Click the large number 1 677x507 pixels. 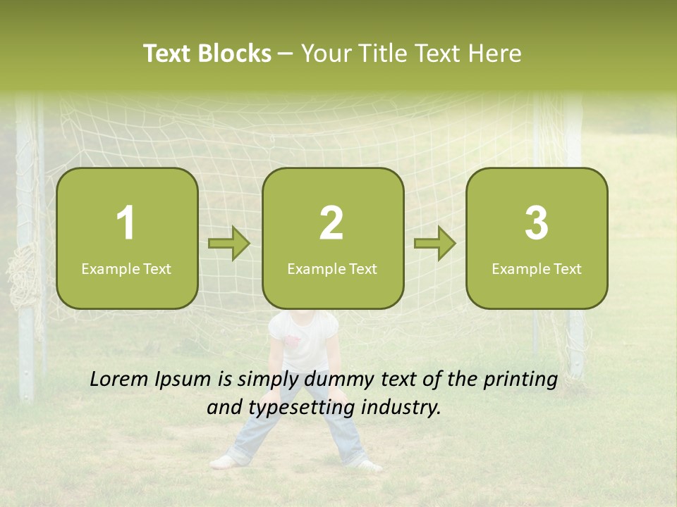(126, 223)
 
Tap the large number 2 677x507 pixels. (331, 223)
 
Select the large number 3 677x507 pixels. (537, 223)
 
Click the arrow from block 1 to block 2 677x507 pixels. (229, 244)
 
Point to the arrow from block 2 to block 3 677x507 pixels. (435, 244)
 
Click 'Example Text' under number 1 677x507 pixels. (126, 269)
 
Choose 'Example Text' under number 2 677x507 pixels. (332, 269)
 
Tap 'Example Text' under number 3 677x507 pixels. (537, 269)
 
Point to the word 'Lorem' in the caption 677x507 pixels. (119, 380)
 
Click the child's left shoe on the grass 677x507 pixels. (224, 462)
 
